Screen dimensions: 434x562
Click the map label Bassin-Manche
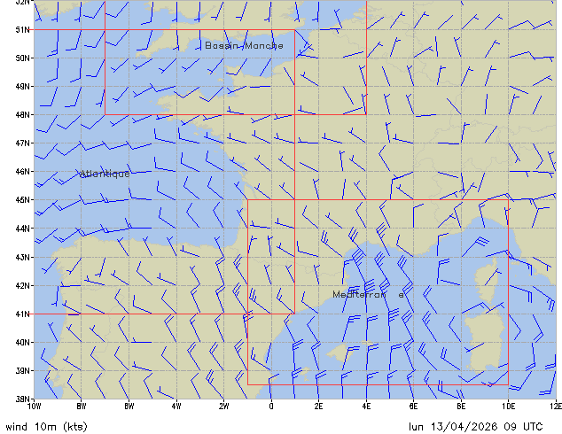coord(244,45)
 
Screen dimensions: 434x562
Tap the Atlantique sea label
coord(105,174)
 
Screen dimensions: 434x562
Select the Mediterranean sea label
coord(369,294)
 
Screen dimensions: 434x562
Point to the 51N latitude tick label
coord(23,29)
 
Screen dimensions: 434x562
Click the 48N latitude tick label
coord(23,114)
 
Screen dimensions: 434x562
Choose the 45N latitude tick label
coord(23,199)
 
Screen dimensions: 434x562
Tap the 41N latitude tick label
coord(23,314)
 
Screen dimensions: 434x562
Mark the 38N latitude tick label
coord(23,399)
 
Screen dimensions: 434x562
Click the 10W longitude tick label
coord(34,407)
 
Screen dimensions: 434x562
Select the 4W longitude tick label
coord(176,407)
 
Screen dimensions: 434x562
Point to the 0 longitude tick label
coord(271,407)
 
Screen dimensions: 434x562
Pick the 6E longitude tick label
coord(413,407)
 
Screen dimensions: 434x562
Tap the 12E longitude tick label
coord(555,407)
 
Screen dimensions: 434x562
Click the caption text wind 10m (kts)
coord(46,426)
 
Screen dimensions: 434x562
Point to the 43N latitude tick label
coord(23,257)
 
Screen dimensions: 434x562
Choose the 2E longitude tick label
coord(318,407)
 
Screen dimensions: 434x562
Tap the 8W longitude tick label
coord(82,407)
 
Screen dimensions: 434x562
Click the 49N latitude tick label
coord(23,86)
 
